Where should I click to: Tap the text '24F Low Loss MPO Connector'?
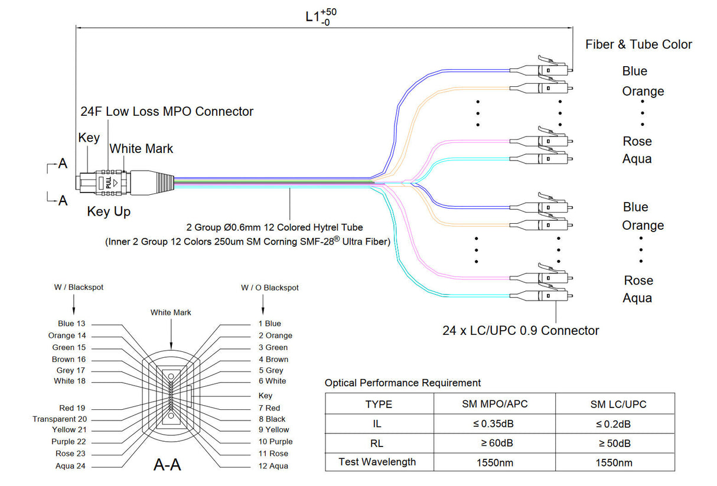pyautogui.click(x=167, y=111)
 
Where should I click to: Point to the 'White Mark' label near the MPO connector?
pyautogui.click(x=142, y=148)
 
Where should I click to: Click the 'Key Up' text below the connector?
pyautogui.click(x=109, y=211)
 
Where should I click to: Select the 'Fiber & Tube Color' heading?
pyautogui.click(x=638, y=44)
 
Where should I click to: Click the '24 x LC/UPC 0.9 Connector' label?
pyautogui.click(x=521, y=331)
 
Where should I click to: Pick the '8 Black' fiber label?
pyautogui.click(x=272, y=419)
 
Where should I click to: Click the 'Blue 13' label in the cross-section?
pyautogui.click(x=71, y=324)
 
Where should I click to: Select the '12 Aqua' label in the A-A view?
pyautogui.click(x=273, y=466)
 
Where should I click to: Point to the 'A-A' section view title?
pyautogui.click(x=167, y=465)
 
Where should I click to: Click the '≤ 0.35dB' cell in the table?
pyautogui.click(x=494, y=424)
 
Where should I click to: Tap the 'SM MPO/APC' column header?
pyautogui.click(x=494, y=405)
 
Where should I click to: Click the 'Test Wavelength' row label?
pyautogui.click(x=377, y=462)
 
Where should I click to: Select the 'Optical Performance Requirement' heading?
pyautogui.click(x=403, y=383)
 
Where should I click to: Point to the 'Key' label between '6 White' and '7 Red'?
pyautogui.click(x=266, y=396)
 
